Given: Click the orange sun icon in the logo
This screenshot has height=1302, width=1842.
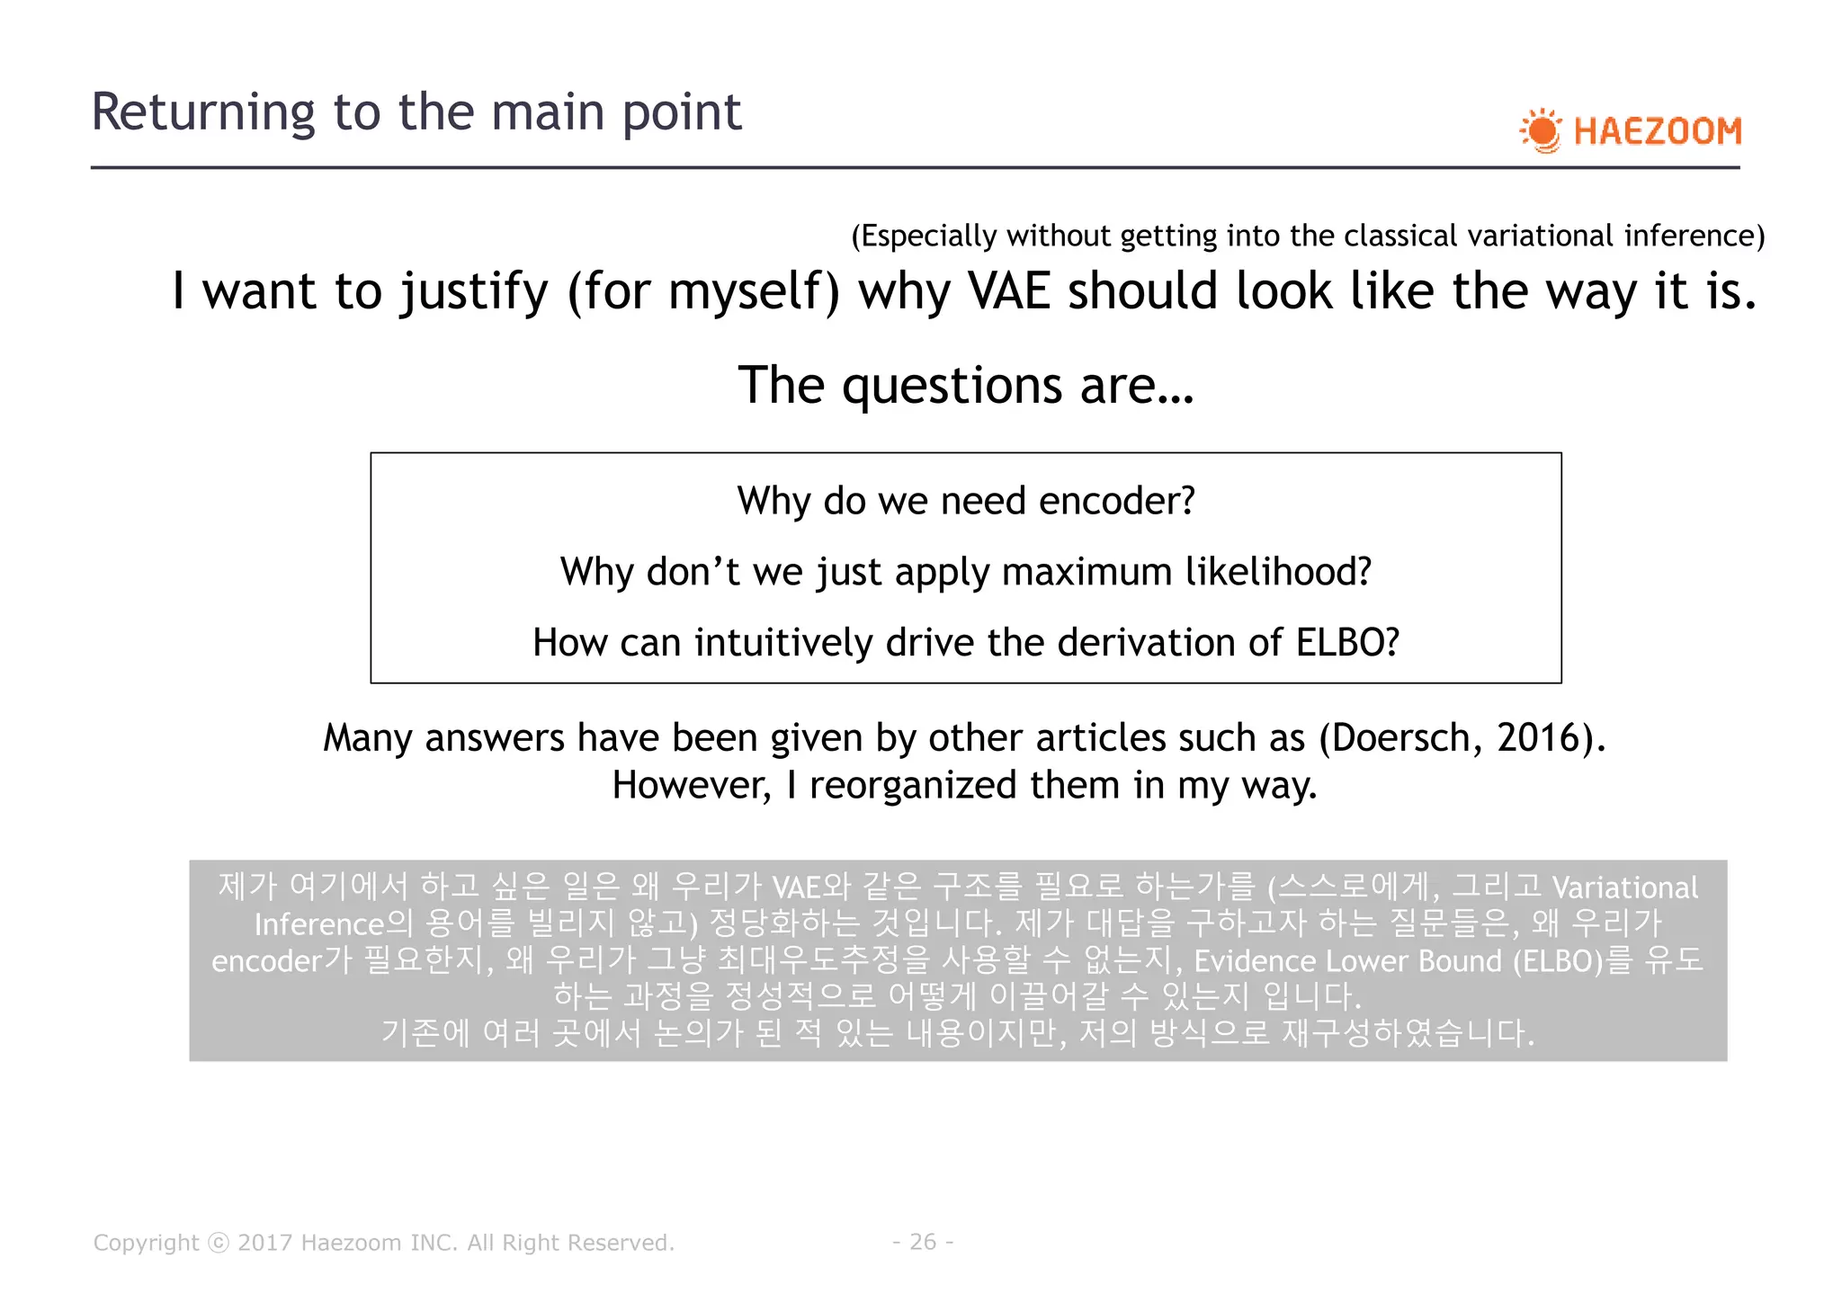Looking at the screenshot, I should click(x=1542, y=131).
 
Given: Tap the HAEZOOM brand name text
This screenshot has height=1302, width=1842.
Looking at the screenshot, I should click(x=1658, y=131).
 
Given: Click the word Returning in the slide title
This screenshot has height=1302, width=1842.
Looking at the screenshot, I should click(x=203, y=112).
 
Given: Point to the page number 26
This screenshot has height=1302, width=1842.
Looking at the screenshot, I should click(x=923, y=1242).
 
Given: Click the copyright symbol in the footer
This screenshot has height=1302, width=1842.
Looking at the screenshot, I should click(x=219, y=1243).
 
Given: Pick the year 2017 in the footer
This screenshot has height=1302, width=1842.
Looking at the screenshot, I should click(x=264, y=1243).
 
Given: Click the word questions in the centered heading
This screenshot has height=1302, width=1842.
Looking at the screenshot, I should click(x=954, y=386).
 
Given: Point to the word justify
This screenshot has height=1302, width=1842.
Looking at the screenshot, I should click(x=474, y=291).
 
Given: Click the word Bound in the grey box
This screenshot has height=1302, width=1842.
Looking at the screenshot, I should click(x=1460, y=961).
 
